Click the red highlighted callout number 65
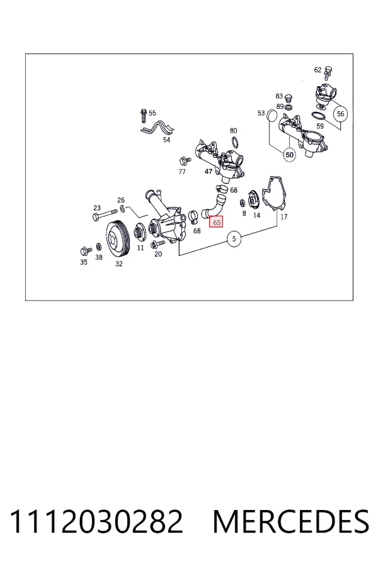tap(217, 223)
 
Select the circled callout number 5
tap(234, 238)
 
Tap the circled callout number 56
tap(340, 114)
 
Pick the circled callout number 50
tap(289, 155)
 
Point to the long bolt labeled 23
tap(105, 216)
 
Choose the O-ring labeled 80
tap(234, 142)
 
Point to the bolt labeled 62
tap(328, 73)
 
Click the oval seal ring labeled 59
tap(318, 116)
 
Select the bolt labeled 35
tap(86, 250)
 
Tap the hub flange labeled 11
tap(139, 232)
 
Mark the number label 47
tap(209, 172)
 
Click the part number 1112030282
tap(96, 521)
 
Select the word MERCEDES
tap(291, 521)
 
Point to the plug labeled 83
tap(289, 99)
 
